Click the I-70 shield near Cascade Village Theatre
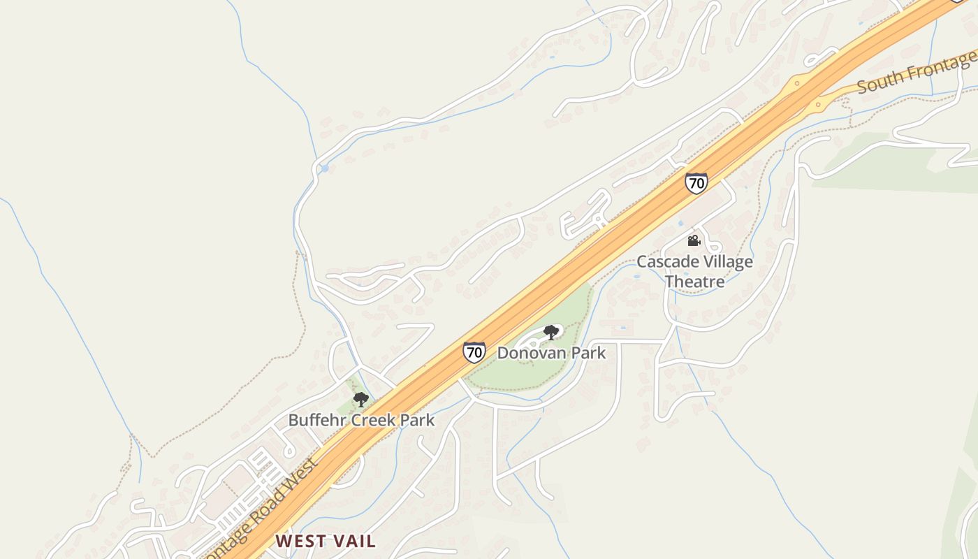696,183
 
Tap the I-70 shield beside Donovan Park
474,351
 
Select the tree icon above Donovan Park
551,332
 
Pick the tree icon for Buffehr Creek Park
360,400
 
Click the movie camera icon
694,241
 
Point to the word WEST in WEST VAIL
301,541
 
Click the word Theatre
694,282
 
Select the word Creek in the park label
374,420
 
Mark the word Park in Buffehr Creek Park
418,420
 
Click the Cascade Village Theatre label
694,272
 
